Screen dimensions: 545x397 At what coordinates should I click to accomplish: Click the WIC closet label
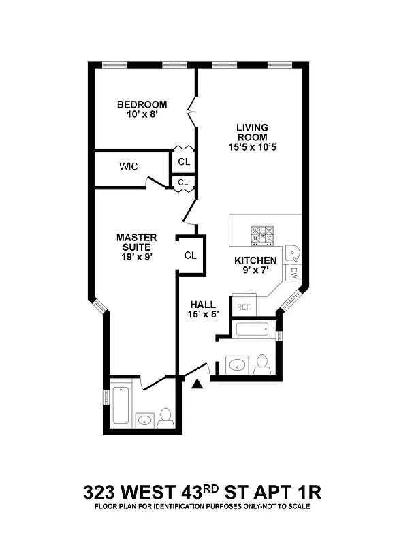129,166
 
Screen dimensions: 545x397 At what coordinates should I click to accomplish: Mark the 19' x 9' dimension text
136,258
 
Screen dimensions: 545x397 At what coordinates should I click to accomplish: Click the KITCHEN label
255,260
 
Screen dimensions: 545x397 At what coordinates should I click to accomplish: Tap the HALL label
203,305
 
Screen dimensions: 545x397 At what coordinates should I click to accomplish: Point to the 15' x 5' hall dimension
203,315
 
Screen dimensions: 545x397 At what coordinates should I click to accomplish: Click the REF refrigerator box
244,307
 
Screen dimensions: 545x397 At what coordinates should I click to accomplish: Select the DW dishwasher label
293,274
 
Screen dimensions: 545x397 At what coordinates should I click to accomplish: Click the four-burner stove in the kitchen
263,235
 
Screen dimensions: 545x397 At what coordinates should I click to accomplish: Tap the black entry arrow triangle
198,385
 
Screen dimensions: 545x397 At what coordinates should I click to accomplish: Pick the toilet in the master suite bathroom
165,418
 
